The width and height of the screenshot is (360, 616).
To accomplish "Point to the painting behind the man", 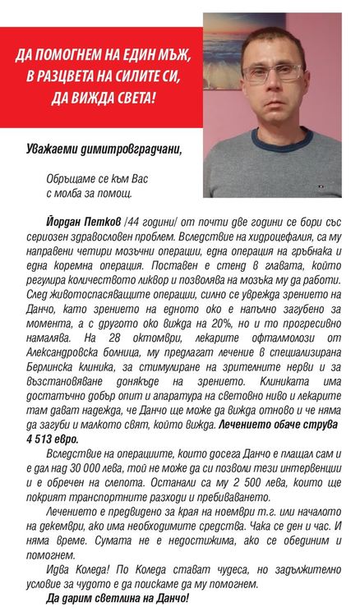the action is tap(231, 49).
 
